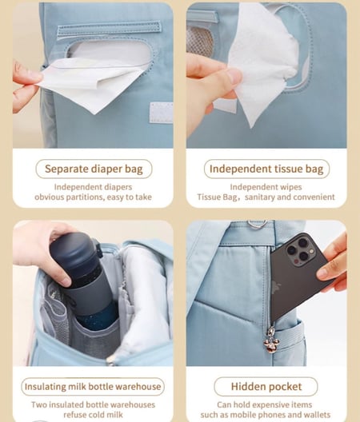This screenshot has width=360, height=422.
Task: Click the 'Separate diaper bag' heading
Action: [x=94, y=169]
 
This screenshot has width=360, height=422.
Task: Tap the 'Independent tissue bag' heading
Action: [x=266, y=169]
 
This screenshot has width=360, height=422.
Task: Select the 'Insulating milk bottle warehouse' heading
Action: [x=93, y=387]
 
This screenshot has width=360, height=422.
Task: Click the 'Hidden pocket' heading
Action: [x=266, y=387]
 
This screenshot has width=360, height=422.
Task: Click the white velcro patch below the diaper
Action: [x=161, y=113]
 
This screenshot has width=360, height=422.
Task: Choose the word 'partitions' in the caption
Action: [x=85, y=197]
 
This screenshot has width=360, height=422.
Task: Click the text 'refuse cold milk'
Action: [x=94, y=415]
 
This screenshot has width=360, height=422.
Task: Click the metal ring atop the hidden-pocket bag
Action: [x=257, y=224]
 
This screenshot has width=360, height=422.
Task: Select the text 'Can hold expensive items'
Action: [x=264, y=404]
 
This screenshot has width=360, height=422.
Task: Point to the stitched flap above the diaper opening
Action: [x=109, y=30]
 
